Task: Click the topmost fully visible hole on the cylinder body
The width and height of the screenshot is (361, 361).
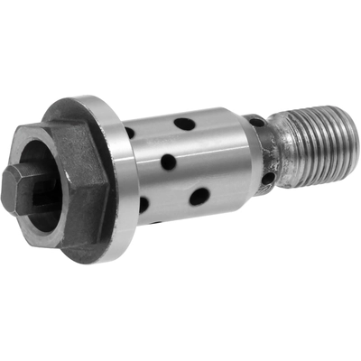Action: coord(184,124)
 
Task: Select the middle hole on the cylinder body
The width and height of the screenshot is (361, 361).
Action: coord(169,162)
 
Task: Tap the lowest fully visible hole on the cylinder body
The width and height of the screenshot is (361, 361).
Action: coord(199,195)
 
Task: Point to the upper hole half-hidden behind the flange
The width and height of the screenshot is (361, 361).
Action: coord(130,134)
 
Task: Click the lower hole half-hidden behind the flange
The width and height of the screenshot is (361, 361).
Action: coord(143,205)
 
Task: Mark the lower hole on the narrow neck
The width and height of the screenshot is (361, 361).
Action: coord(268,178)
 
